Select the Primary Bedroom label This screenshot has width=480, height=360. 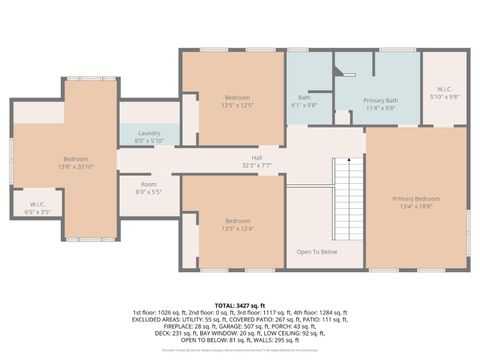(416, 199)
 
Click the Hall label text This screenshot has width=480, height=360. (256, 158)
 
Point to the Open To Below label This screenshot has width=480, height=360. (317, 252)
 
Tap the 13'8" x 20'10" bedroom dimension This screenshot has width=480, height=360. (76, 166)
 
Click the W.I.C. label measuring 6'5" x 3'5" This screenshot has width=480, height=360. (37, 211)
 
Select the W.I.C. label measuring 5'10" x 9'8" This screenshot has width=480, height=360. (443, 97)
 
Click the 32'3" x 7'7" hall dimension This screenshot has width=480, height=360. (256, 165)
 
